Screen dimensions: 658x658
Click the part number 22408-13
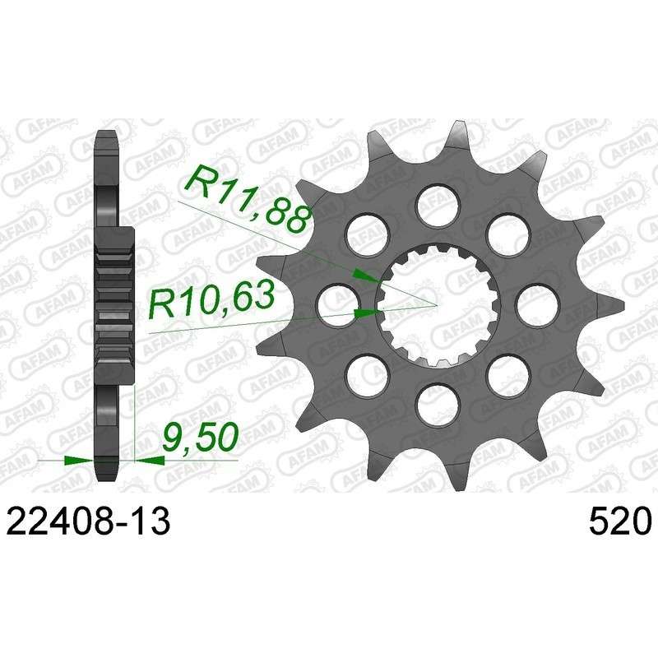[x=90, y=521]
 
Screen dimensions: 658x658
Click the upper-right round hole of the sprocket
[x=507, y=234]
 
